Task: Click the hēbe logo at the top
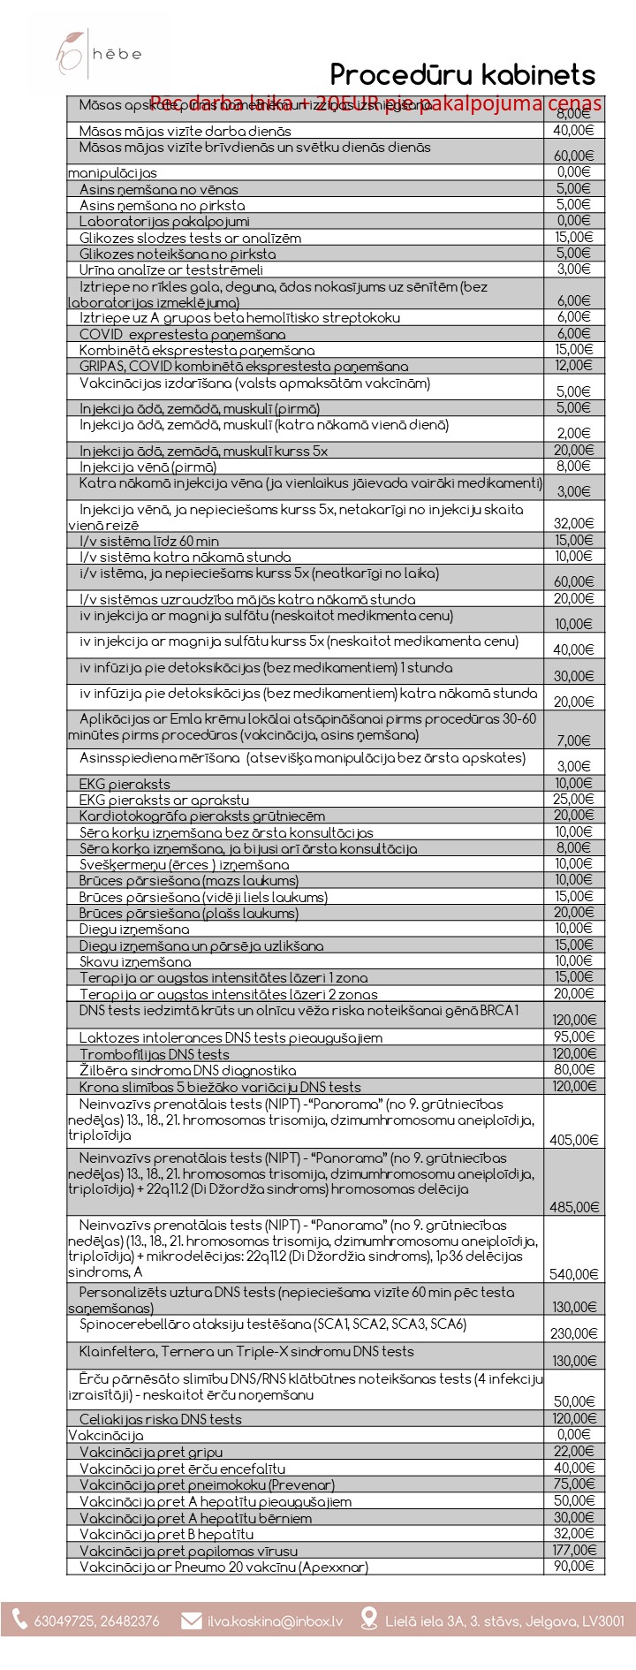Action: [97, 54]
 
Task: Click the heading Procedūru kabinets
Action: [462, 74]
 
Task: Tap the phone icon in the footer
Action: [19, 1620]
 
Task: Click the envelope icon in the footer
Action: [191, 1621]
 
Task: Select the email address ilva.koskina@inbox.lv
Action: [275, 1621]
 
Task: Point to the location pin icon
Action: [369, 1620]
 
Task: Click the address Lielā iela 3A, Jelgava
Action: [504, 1621]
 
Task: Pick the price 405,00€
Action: [574, 1140]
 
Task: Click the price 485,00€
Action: [574, 1207]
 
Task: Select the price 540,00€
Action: [574, 1274]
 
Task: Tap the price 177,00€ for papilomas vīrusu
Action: [574, 1550]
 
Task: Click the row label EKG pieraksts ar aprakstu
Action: [164, 800]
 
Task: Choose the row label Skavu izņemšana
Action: [135, 961]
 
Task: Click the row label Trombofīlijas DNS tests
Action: [155, 1054]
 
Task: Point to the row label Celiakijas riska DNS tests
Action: [161, 1419]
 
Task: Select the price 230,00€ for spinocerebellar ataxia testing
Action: [574, 1333]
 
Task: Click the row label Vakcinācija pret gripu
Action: [151, 1452]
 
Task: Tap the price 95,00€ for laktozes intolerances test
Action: [574, 1036]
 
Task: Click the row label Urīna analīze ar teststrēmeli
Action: [171, 269]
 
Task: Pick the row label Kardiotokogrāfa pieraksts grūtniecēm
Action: [202, 816]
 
